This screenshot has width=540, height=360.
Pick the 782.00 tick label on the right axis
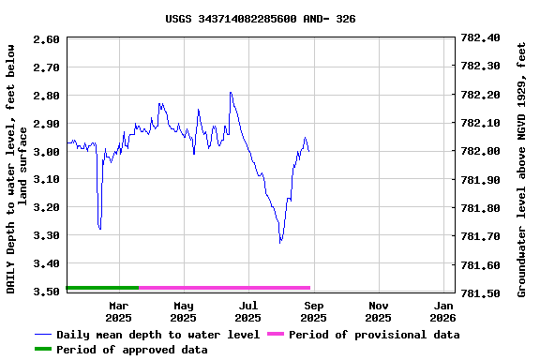(x=480, y=151)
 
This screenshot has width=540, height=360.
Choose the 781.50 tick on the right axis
(x=480, y=292)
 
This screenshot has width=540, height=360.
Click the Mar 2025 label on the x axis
(x=118, y=311)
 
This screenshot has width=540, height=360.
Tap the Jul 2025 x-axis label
(x=248, y=311)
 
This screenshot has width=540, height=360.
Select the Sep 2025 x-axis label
(x=314, y=311)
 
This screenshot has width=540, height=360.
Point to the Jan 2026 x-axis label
(x=443, y=311)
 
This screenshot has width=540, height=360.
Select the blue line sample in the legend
(x=43, y=335)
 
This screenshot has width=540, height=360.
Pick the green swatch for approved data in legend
(x=43, y=350)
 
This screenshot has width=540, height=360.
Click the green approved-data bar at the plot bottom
(x=103, y=288)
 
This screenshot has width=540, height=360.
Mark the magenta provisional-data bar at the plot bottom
(x=225, y=288)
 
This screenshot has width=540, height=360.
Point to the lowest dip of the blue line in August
(x=280, y=242)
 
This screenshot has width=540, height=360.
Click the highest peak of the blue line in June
(x=230, y=93)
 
